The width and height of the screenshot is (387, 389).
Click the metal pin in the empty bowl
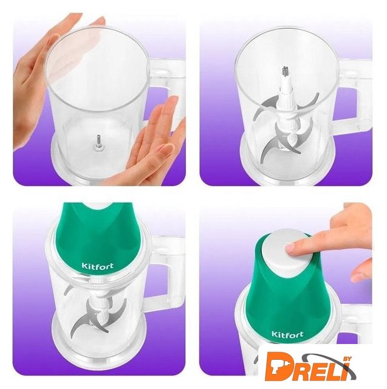coord(98,142)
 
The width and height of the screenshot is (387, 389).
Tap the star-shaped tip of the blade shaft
coord(286,71)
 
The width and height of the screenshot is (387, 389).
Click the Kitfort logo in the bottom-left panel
coord(98,266)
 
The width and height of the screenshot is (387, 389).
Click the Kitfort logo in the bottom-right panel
coord(287,334)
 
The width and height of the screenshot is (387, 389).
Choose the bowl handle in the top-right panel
coord(355,97)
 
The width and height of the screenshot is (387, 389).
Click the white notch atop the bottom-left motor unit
coord(98,205)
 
